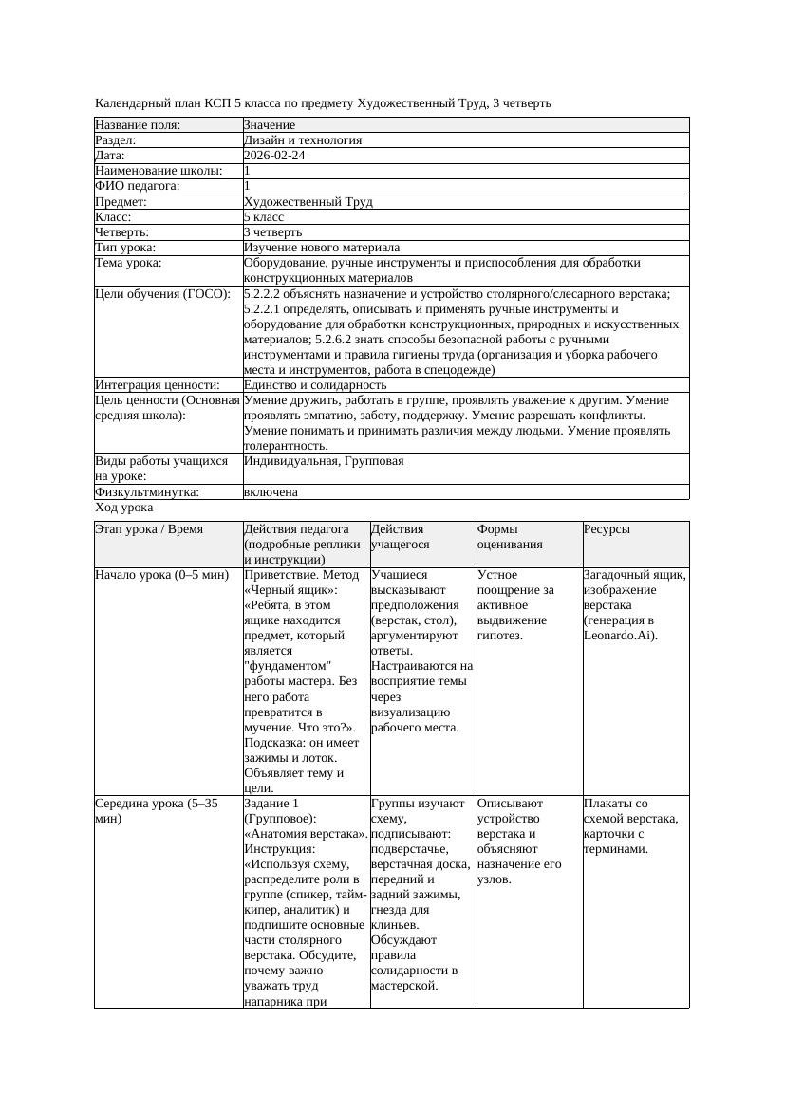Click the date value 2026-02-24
(x=274, y=156)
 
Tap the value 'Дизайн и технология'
(x=302, y=140)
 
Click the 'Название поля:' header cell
(x=138, y=125)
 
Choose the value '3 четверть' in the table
(x=272, y=232)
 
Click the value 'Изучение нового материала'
(x=321, y=248)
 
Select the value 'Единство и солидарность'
(x=314, y=385)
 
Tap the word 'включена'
(x=271, y=492)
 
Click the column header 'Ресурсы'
(x=607, y=529)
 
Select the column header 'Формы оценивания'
(x=510, y=537)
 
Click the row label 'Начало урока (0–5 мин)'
(x=161, y=575)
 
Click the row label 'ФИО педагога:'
(x=138, y=186)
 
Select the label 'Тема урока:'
(x=128, y=263)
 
